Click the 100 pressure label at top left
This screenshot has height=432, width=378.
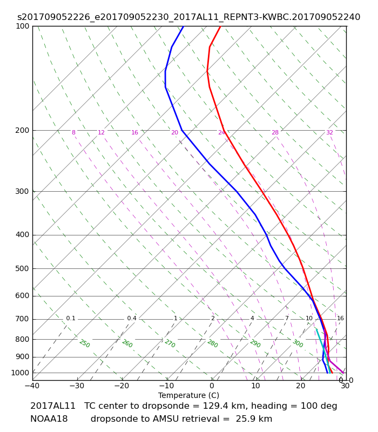(x=22, y=26)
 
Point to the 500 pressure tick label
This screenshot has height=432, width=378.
(x=22, y=268)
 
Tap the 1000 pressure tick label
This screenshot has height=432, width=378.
(x=20, y=373)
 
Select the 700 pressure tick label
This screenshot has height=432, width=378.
(x=22, y=319)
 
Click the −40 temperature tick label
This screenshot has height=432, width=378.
(x=32, y=386)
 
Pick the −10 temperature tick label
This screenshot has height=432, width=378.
(x=166, y=386)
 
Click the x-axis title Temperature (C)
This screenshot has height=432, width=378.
(x=188, y=395)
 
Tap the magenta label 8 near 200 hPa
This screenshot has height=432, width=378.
(x=73, y=132)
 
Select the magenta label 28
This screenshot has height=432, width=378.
(x=275, y=132)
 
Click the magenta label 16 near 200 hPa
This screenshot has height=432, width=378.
(x=134, y=132)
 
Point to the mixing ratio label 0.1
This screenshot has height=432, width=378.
(x=71, y=318)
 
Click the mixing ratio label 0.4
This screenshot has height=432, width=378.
(x=132, y=318)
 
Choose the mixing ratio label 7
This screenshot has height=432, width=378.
(x=287, y=318)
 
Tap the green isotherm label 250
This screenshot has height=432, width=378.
(x=85, y=343)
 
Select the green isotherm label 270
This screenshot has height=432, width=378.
(x=170, y=343)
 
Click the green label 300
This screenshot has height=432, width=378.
(x=298, y=343)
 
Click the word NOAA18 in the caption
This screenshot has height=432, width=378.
(x=49, y=419)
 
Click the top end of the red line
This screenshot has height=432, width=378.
(x=220, y=26)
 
